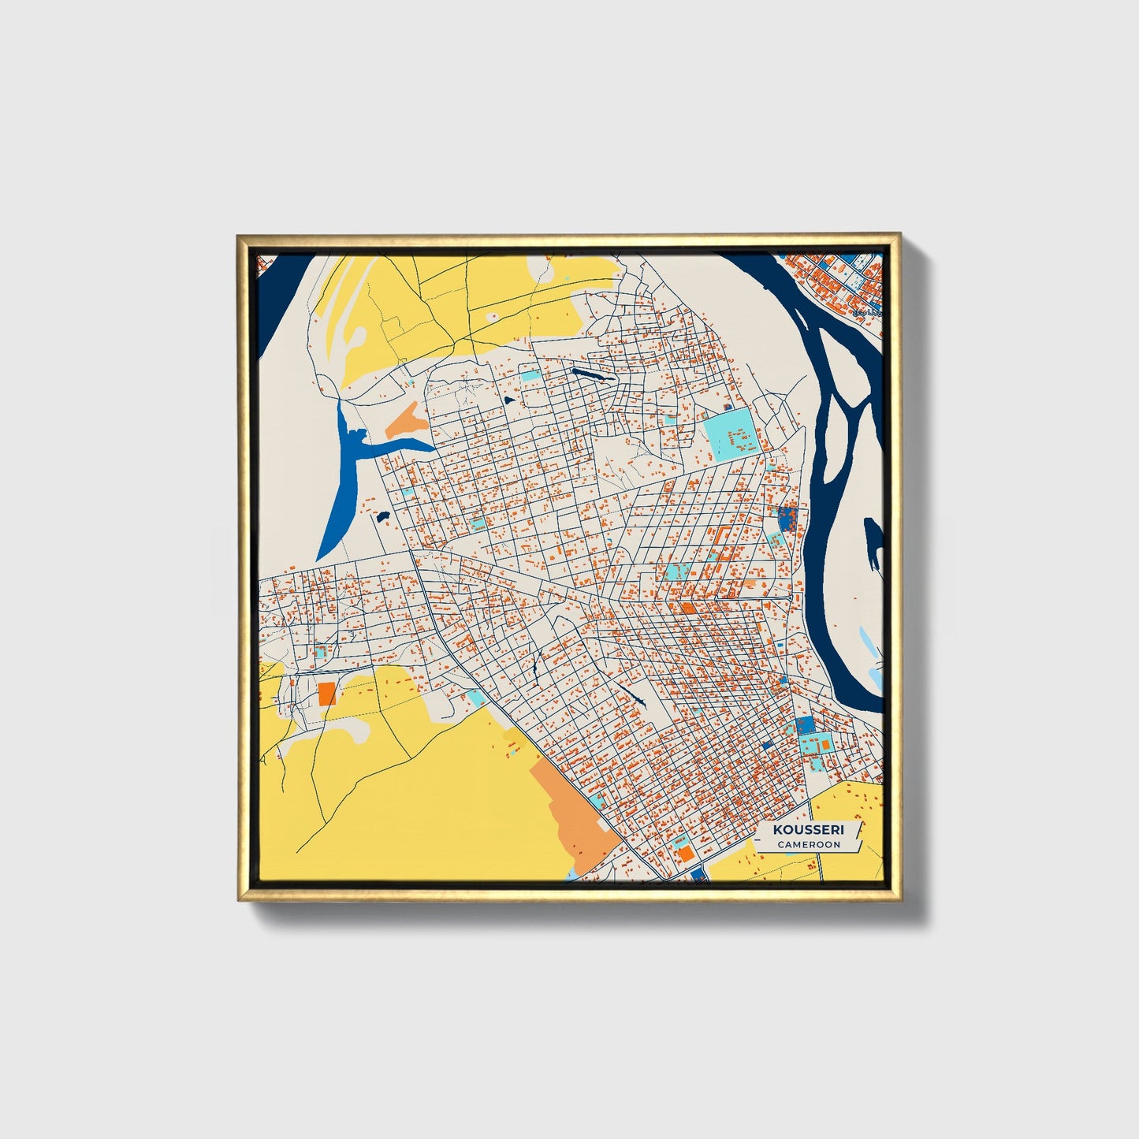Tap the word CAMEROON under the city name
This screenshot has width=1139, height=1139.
click(x=808, y=844)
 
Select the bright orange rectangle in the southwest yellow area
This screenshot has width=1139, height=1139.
click(x=326, y=694)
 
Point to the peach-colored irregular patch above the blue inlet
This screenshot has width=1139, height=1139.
click(x=407, y=421)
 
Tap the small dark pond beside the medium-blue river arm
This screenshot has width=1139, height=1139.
click(x=383, y=517)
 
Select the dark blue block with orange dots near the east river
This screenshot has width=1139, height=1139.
click(x=787, y=518)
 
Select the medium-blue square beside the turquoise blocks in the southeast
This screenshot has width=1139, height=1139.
click(x=804, y=725)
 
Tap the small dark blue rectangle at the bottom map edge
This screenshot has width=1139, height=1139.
click(x=697, y=873)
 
